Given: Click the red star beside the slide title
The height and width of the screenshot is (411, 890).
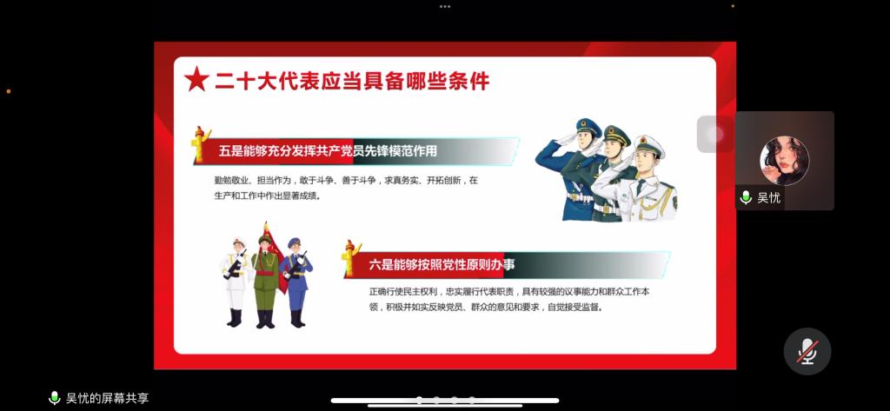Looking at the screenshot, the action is point(197,80).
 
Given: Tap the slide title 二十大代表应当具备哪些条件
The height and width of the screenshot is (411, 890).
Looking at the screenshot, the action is point(352,81).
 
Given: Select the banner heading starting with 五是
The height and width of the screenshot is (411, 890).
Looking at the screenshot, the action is point(328,151).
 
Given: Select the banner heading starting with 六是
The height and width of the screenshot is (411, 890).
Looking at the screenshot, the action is point(442,265).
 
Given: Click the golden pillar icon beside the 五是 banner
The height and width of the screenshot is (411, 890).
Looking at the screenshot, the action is point(200,144).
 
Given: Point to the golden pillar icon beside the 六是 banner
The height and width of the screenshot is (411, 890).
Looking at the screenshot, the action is point(351,259).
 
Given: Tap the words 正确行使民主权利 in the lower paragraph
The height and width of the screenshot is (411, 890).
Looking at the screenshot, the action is point(403,293).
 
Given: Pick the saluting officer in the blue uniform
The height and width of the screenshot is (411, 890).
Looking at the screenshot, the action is point(567,170).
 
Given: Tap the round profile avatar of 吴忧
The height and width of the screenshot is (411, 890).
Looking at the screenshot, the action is point(785,161).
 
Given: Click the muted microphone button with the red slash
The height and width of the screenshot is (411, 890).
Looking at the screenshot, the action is point(807,351).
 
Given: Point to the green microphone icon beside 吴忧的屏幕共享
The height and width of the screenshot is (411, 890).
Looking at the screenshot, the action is point(55,398).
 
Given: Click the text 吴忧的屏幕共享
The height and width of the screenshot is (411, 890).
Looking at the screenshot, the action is point(107,399).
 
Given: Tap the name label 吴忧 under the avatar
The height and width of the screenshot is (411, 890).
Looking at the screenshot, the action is point(768,197).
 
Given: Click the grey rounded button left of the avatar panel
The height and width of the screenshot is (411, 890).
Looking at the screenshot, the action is point(716,134).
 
